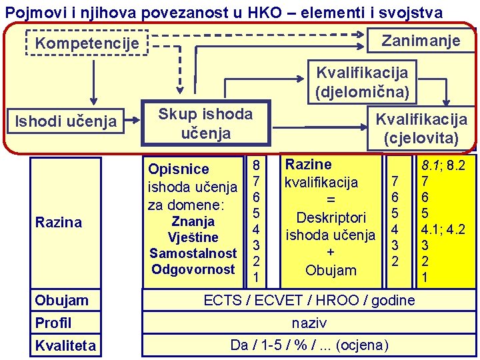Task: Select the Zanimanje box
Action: click(420, 41)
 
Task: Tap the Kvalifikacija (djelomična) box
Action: click(362, 81)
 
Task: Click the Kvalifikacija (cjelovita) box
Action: click(421, 129)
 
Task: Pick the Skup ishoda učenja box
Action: click(205, 123)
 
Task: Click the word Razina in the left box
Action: click(58, 222)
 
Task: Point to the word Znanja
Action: click(193, 221)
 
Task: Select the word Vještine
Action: click(193, 237)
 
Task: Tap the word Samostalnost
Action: click(193, 253)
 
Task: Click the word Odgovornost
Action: click(193, 269)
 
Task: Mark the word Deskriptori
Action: click(331, 217)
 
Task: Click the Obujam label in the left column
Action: click(61, 300)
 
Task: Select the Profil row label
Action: click(53, 323)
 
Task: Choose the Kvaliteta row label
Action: click(65, 345)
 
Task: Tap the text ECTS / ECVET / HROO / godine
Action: click(309, 300)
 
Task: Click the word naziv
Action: click(309, 323)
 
